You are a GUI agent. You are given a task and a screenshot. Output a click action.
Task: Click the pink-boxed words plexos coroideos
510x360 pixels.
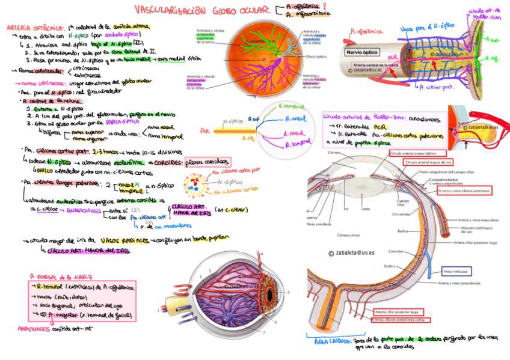pyautogui.click(x=208, y=162)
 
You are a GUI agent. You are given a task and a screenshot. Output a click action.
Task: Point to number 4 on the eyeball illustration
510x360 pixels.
pyautogui.click(x=261, y=255)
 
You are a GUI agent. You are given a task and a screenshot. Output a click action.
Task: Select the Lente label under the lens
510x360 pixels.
pyautogui.click(x=366, y=209)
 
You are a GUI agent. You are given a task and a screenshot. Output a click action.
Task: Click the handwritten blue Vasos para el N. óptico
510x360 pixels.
pyautogui.click(x=427, y=27)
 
